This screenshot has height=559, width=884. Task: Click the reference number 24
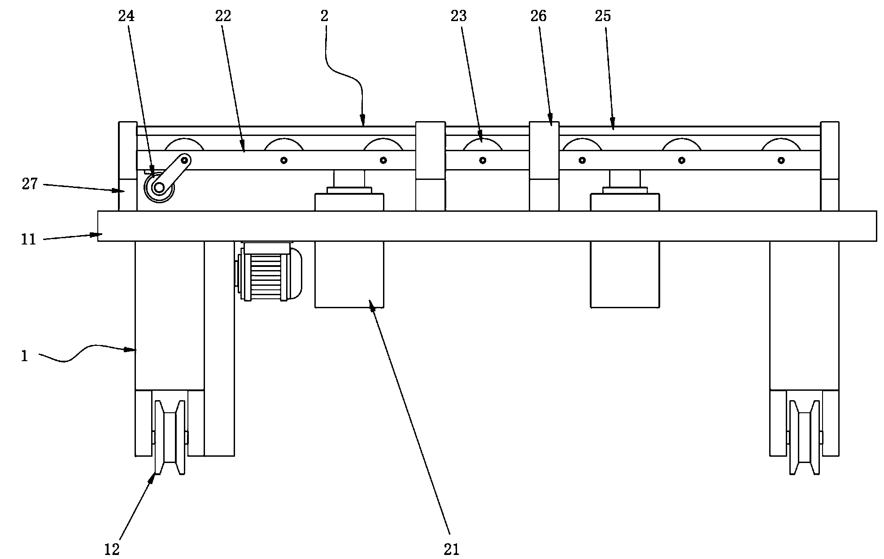click(126, 17)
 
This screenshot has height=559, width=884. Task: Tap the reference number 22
click(223, 17)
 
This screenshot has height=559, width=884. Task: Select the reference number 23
click(459, 17)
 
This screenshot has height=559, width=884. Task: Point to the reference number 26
click(539, 17)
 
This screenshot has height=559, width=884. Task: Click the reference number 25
click(603, 17)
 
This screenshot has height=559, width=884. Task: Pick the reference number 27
click(30, 184)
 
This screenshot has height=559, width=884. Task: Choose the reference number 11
click(28, 240)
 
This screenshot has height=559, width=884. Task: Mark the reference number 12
click(112, 549)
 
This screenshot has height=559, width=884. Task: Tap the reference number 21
click(452, 549)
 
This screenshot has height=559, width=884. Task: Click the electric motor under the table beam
click(268, 271)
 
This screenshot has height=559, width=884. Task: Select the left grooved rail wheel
click(170, 437)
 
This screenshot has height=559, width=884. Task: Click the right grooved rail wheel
click(805, 437)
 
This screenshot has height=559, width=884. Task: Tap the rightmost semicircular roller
click(781, 144)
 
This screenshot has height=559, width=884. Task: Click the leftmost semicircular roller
click(184, 144)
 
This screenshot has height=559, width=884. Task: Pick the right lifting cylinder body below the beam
click(625, 274)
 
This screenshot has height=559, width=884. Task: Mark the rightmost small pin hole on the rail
click(781, 160)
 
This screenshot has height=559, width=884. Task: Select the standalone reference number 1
click(25, 357)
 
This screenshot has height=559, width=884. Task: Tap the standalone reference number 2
click(324, 17)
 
